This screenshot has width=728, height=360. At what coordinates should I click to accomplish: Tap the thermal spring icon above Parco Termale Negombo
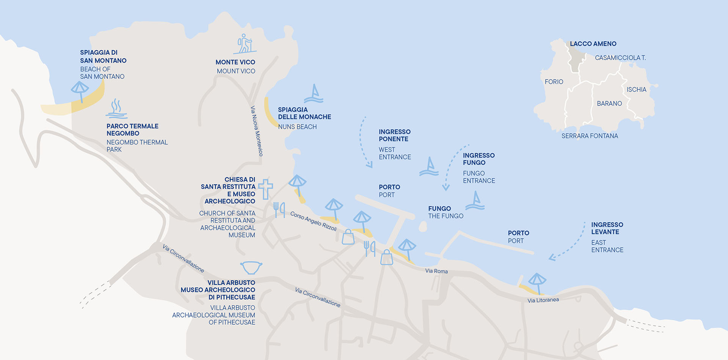click(116, 109)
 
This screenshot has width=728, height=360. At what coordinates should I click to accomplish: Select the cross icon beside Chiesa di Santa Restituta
click(265, 189)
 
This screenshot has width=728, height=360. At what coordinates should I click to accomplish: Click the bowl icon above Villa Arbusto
click(251, 267)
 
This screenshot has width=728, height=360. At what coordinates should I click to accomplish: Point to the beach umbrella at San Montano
click(80, 91)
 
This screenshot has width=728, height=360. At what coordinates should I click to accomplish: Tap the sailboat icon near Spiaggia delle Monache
click(314, 94)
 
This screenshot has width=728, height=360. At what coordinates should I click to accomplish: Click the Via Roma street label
click(436, 271)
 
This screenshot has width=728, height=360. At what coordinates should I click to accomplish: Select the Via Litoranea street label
click(543, 300)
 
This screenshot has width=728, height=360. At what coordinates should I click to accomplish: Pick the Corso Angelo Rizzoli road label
click(314, 221)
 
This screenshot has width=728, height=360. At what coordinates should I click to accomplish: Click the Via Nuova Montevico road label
click(257, 131)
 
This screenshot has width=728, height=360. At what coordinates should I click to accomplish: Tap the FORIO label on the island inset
click(554, 82)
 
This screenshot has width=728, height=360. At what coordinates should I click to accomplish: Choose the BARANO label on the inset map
click(609, 104)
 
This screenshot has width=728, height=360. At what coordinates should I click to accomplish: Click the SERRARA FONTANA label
click(590, 136)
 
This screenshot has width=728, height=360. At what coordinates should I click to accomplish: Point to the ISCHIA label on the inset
click(636, 90)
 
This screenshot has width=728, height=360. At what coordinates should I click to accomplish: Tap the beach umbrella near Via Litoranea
click(537, 283)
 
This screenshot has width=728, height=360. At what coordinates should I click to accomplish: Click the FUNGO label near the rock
click(439, 209)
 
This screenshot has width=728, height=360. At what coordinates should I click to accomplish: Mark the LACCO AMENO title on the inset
click(593, 44)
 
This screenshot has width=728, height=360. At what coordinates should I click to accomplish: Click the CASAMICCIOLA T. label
click(620, 58)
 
